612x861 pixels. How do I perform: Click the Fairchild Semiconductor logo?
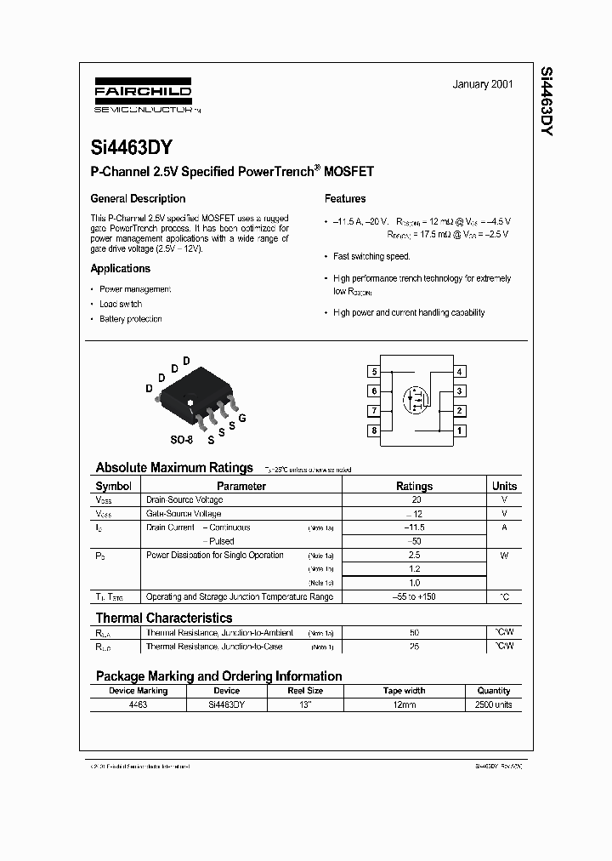pyautogui.click(x=142, y=98)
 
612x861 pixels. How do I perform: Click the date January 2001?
pyautogui.click(x=482, y=85)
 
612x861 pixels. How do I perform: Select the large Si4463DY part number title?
pyautogui.click(x=132, y=147)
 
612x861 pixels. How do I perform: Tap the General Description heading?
pyautogui.click(x=138, y=199)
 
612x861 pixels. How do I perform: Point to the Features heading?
pyautogui.click(x=345, y=199)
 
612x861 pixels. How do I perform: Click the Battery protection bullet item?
pyautogui.click(x=130, y=319)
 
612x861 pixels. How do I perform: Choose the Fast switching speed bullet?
pyautogui.click(x=371, y=256)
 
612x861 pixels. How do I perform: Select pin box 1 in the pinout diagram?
pyautogui.click(x=460, y=430)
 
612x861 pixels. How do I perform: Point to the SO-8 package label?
pyautogui.click(x=181, y=440)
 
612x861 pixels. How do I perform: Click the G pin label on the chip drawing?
pyautogui.click(x=242, y=419)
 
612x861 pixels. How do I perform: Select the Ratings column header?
pyautogui.click(x=414, y=487)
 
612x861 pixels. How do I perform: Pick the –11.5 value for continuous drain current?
pyautogui.click(x=414, y=527)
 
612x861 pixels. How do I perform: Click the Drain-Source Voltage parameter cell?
pyautogui.click(x=184, y=500)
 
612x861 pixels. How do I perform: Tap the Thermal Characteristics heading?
pyautogui.click(x=163, y=618)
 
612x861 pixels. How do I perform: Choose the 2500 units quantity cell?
pyautogui.click(x=494, y=705)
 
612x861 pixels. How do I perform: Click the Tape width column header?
pyautogui.click(x=405, y=691)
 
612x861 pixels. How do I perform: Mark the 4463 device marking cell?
pyautogui.click(x=138, y=705)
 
